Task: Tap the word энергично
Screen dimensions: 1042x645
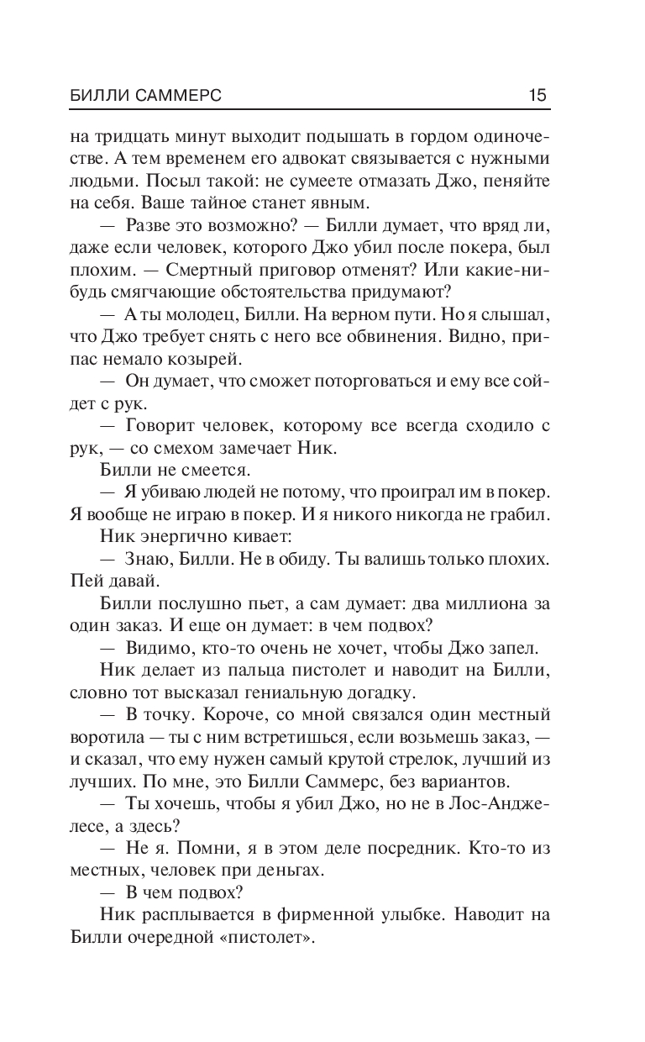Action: [175, 535]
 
